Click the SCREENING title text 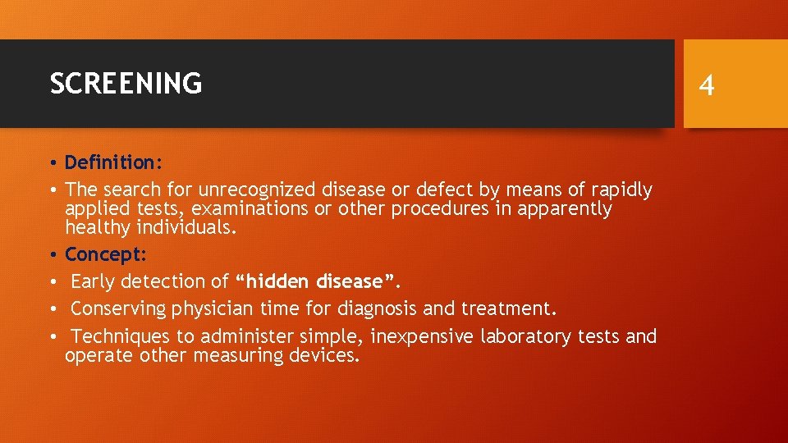[x=126, y=83]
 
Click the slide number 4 [x=707, y=84]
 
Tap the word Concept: [x=106, y=254]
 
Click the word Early [x=93, y=281]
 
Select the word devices [x=328, y=355]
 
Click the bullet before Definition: [x=53, y=162]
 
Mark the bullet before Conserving [x=53, y=309]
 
